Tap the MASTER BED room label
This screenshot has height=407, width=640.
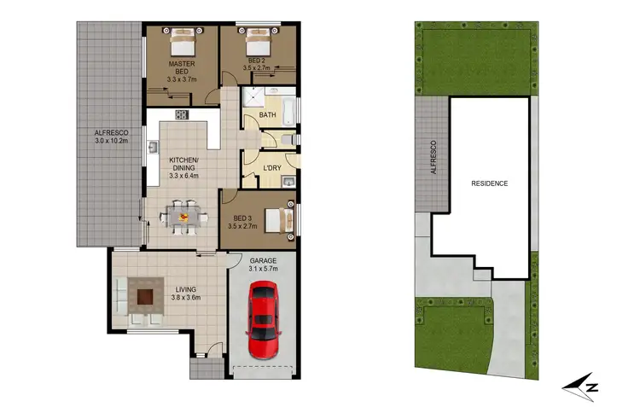point(183,64)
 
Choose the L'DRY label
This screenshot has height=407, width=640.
point(272,167)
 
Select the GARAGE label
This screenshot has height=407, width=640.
point(263,260)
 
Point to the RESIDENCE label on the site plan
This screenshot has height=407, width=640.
point(489,183)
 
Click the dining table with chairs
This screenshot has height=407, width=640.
point(183,216)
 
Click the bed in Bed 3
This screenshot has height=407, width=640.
point(278,218)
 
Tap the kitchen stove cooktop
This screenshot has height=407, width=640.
point(182,114)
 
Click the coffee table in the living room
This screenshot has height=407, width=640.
point(145,298)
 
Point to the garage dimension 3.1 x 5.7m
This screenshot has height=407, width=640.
point(263,270)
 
